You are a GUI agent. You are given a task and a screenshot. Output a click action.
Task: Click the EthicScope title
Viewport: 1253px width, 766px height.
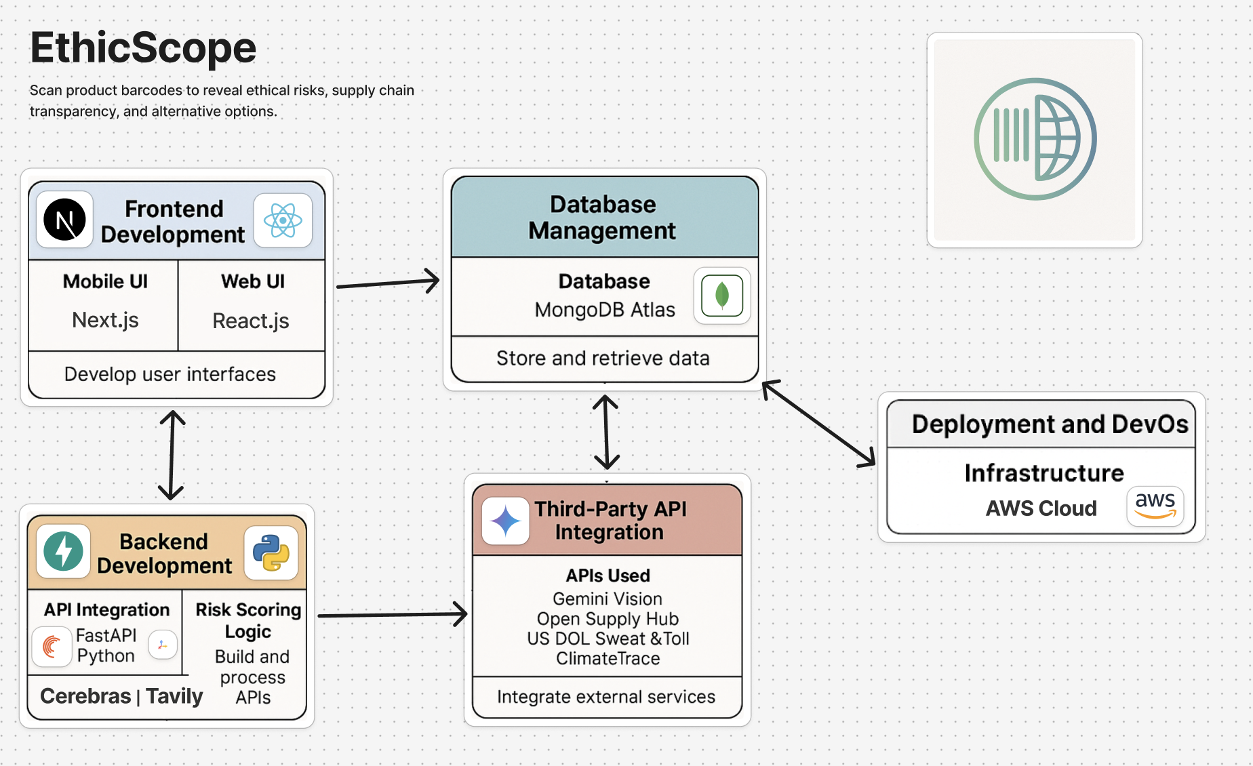[x=143, y=48]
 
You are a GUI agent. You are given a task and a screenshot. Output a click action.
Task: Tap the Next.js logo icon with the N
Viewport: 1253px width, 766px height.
[x=64, y=220]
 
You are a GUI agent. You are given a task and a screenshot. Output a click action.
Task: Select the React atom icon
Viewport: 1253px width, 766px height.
[x=283, y=220]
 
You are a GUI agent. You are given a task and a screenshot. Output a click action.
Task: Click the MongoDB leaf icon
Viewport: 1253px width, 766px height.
[x=722, y=296]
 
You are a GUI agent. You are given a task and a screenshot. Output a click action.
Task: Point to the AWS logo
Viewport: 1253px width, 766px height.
[x=1155, y=506]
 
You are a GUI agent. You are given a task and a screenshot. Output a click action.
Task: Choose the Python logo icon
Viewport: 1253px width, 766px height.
[x=271, y=552]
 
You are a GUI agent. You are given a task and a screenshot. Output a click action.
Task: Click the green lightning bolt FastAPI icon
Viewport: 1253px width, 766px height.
[x=63, y=551]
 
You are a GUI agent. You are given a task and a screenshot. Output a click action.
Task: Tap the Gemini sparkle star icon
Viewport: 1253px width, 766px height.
[x=506, y=521]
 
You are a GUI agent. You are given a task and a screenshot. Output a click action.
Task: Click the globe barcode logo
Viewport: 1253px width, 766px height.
[x=1035, y=139]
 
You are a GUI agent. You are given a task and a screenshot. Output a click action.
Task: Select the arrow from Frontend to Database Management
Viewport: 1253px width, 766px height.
[x=388, y=282]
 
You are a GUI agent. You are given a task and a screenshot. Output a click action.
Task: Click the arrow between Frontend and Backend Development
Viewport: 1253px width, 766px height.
[x=172, y=455]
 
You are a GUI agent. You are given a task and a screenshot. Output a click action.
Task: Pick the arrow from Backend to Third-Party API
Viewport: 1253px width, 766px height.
[x=392, y=615]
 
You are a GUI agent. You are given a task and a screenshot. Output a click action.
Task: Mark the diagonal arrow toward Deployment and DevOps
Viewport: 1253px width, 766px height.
[x=818, y=424]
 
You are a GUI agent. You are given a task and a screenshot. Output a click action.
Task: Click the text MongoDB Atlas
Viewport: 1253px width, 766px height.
[x=605, y=310]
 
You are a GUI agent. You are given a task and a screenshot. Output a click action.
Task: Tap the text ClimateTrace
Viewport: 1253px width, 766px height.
[x=608, y=658]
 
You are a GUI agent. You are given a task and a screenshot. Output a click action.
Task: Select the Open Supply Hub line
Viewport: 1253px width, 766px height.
[x=608, y=619]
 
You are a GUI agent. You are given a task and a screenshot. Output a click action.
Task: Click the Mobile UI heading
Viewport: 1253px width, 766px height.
[x=105, y=281]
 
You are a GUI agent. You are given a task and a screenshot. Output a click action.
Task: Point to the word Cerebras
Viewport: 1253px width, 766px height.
[x=85, y=696]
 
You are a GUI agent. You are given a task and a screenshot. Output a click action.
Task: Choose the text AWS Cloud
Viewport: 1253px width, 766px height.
[x=1041, y=508]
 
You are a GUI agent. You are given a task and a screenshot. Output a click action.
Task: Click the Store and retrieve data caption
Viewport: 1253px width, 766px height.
[x=603, y=358]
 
